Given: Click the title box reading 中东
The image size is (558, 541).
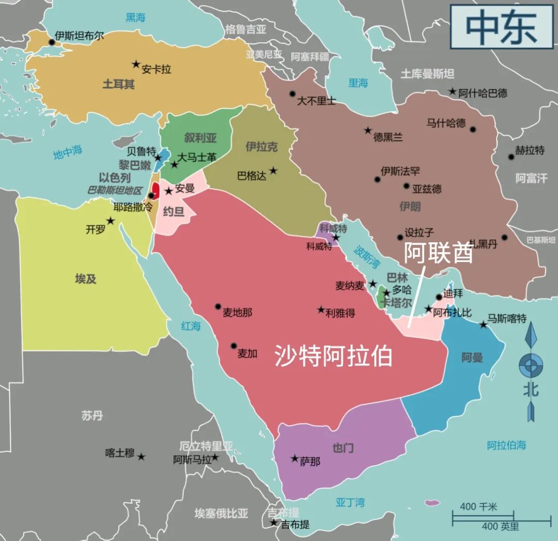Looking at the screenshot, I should tap(502, 27).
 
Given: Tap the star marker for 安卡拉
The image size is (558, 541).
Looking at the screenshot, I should tap(136, 64).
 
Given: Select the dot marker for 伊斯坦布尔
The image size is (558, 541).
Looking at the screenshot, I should tap(51, 42).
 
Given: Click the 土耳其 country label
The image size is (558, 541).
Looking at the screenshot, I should tap(118, 84).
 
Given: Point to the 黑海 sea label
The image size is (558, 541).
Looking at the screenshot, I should tap(136, 18).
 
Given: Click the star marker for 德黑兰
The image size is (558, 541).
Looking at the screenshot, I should tap(368, 130).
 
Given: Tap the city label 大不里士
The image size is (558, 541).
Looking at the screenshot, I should tap(316, 101).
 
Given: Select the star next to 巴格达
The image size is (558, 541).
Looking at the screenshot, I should tap(273, 171).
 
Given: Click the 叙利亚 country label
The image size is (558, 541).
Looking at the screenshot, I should tap(200, 137).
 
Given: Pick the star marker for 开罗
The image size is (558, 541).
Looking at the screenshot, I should tap(110, 221).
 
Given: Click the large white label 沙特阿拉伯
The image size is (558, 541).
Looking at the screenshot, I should tap(333, 355).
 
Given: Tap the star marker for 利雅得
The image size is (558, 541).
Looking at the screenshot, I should tap(321, 310).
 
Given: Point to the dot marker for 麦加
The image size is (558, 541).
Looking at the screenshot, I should tap(234, 346).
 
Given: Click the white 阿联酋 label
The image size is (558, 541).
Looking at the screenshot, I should tap(438, 252).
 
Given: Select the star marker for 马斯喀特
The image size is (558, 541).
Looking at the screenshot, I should tap(483, 324).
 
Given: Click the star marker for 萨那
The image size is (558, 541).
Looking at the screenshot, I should tap(295, 458).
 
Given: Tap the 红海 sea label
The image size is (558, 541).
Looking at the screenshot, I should tap(191, 326).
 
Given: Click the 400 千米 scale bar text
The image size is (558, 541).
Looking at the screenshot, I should tap(478, 507).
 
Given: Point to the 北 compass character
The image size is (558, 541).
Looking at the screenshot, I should tap(530, 389).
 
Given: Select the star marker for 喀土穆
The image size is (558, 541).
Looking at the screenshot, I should tap(141, 457).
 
